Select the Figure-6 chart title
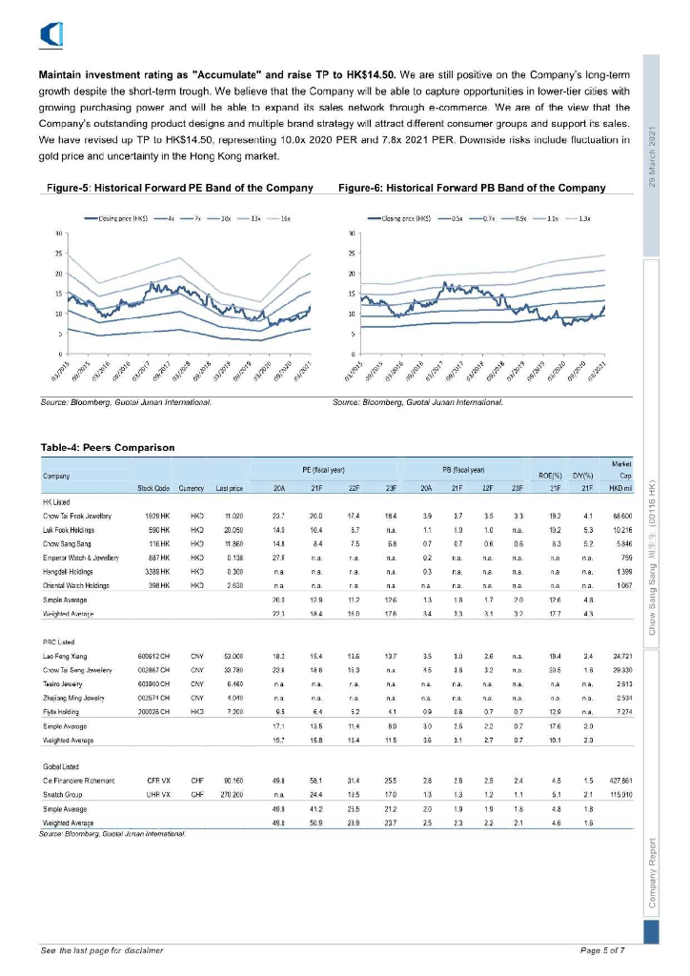coord(472,189)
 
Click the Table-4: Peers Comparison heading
coord(108,447)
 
